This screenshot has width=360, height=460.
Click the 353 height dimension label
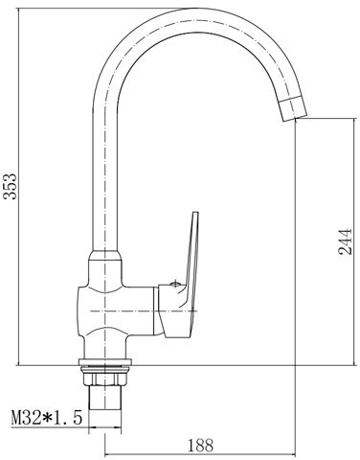click(10, 186)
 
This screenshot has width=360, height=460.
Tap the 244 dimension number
click(345, 241)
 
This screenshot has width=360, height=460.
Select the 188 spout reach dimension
click(200, 445)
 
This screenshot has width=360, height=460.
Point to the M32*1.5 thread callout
click(47, 418)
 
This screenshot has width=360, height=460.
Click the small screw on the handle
click(175, 283)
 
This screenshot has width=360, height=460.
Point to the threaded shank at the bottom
click(105, 397)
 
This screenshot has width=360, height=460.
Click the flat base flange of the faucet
click(105, 362)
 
